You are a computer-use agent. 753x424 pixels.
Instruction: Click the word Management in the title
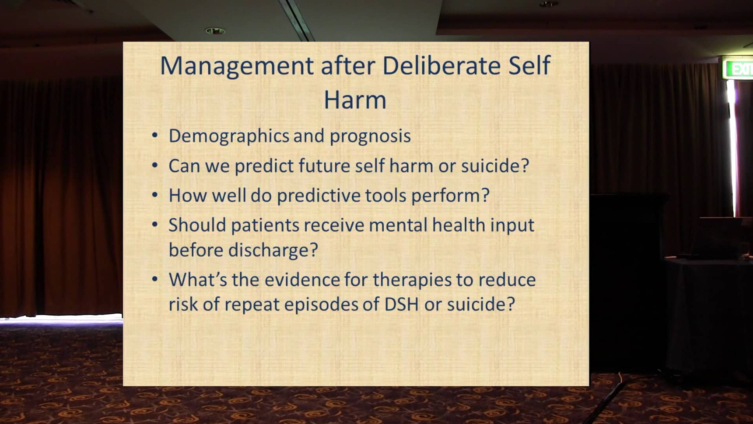pos(237,66)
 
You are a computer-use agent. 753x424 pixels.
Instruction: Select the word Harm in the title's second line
pos(355,100)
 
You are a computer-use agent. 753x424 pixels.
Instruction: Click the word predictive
pos(318,196)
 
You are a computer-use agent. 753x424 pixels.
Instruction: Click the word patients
pos(265,225)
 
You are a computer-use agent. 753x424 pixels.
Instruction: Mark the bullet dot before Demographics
pos(155,135)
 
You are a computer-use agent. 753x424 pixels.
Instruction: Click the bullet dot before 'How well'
pos(155,195)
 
